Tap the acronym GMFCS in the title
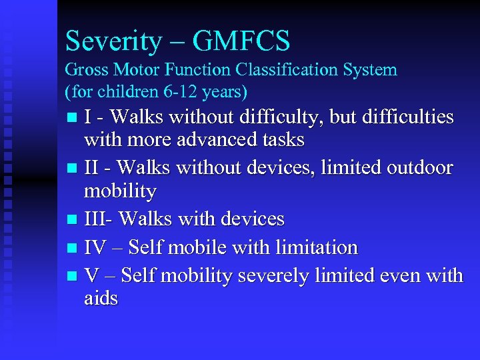(241, 42)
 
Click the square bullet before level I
(72, 118)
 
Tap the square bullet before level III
(72, 220)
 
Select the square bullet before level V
(72, 276)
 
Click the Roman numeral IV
(95, 247)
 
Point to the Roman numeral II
(92, 168)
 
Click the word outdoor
(417, 168)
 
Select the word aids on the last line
(101, 299)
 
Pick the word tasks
(283, 141)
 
